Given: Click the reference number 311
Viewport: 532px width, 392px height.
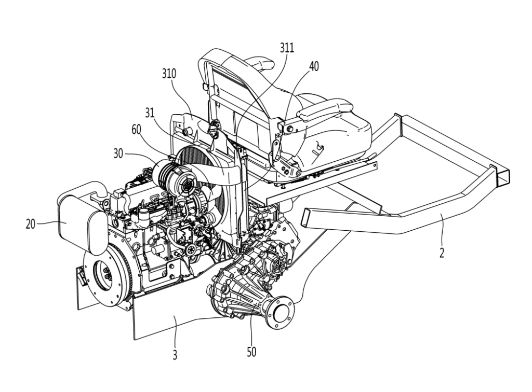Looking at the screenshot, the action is click(287, 48).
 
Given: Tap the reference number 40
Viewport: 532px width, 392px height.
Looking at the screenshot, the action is click(314, 66).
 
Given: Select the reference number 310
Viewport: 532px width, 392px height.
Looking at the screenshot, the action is click(169, 74).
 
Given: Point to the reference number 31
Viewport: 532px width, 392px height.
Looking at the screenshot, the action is click(150, 113).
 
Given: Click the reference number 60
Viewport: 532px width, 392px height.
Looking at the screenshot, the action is click(137, 130).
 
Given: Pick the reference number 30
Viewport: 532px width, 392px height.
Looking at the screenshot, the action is click(118, 153).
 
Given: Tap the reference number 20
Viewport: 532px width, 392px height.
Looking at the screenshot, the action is click(31, 224).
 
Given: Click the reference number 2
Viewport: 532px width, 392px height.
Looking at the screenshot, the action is click(442, 253).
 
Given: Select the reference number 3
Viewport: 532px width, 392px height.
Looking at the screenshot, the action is click(175, 355).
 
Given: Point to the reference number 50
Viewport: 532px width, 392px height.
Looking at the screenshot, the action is click(251, 352).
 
